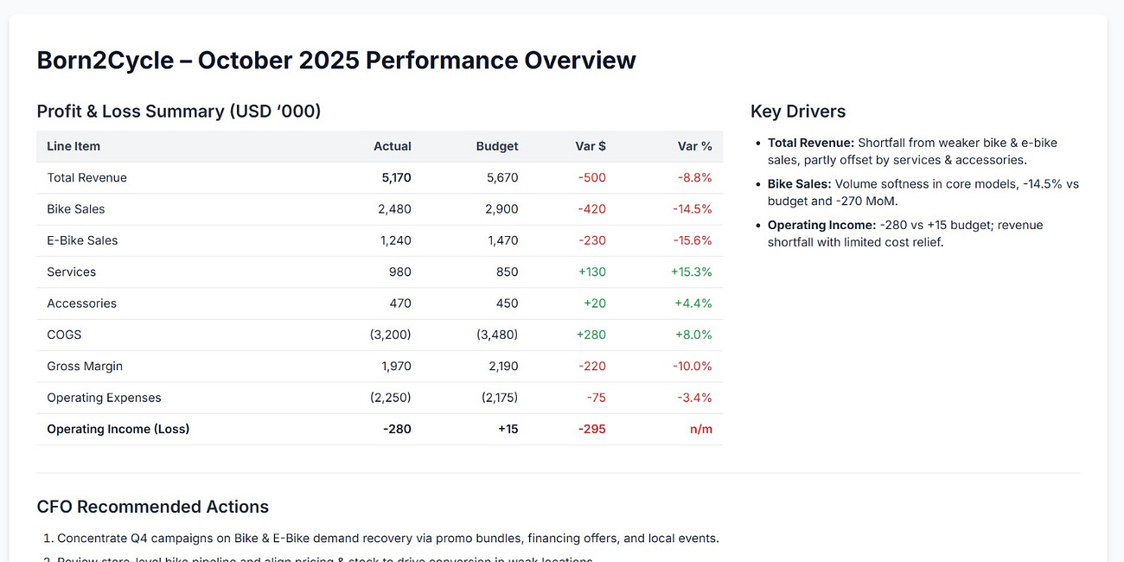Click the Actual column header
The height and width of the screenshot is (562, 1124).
click(392, 146)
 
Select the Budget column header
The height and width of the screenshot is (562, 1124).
click(497, 146)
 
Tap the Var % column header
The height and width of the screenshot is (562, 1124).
click(694, 146)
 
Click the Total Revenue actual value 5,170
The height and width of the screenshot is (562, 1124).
click(396, 178)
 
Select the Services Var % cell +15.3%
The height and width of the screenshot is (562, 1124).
click(691, 271)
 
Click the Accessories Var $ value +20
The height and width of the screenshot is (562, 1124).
click(595, 303)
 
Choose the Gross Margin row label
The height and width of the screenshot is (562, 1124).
click(85, 367)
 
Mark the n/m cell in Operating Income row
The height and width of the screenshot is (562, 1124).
click(700, 429)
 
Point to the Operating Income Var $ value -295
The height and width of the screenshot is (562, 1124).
click(591, 429)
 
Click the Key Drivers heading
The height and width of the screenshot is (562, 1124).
click(798, 112)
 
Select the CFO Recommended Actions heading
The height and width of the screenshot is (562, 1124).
click(153, 507)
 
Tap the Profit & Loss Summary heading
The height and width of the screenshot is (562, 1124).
click(178, 112)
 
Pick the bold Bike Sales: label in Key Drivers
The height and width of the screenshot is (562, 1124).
click(799, 184)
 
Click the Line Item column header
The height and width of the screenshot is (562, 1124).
click(73, 146)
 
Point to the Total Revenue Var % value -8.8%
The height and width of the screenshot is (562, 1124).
click(694, 178)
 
